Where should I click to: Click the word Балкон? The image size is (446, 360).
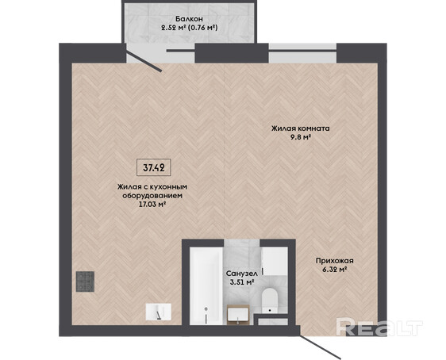tap(189, 19)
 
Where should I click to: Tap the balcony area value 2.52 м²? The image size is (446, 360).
tap(173, 28)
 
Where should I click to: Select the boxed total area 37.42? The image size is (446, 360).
tap(154, 167)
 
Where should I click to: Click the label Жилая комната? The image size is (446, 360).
tap(300, 128)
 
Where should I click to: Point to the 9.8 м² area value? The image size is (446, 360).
tap(300, 137)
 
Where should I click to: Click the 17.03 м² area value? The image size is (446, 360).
tap(152, 205)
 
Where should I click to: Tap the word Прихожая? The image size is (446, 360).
tap(335, 261)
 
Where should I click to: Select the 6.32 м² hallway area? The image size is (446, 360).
tap(334, 270)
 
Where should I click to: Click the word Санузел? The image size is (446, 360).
tap(242, 274)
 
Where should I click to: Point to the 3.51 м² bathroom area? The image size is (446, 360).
tap(242, 282)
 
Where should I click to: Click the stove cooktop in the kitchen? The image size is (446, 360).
tap(85, 281)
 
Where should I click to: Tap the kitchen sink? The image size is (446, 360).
tap(159, 312)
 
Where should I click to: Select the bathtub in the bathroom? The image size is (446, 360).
tap(206, 285)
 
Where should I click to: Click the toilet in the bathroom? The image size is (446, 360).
tap(270, 301)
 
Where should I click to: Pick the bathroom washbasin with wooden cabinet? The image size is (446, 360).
tap(238, 315)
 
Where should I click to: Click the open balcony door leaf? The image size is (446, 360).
tap(144, 61)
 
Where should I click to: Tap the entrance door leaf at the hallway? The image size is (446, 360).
tap(321, 346)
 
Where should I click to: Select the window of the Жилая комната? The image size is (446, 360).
tap(302, 53)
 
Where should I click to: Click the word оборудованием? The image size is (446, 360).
tap(152, 196)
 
